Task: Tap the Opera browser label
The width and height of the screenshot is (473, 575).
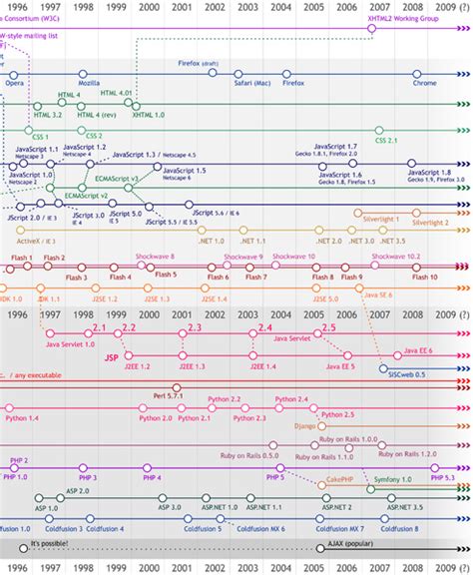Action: click(x=15, y=83)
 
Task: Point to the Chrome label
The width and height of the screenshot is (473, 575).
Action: click(x=424, y=83)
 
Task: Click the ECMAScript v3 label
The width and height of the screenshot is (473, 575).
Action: click(x=118, y=178)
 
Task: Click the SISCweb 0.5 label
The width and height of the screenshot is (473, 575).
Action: click(x=406, y=372)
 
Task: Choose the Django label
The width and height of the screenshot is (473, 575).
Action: click(x=308, y=426)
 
